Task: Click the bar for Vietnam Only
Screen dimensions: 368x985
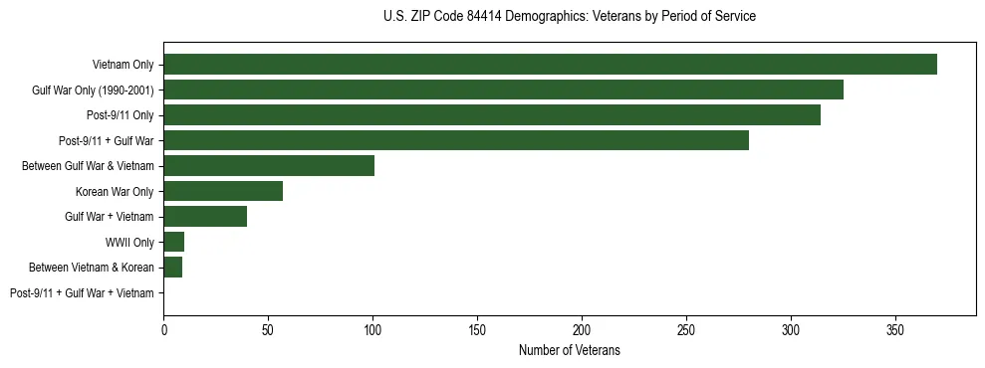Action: coord(550,65)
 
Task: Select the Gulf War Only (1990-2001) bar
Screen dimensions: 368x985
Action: coord(503,90)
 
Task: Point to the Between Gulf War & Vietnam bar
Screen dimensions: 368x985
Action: coord(269,166)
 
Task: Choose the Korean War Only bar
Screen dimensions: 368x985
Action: coord(223,191)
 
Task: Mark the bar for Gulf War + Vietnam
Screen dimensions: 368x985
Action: coord(205,216)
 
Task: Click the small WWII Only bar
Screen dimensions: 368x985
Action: coord(174,242)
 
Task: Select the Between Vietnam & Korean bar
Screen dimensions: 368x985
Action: coord(173,267)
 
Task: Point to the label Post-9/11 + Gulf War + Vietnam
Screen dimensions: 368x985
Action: coord(82,293)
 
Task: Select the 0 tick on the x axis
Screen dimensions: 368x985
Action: coord(164,329)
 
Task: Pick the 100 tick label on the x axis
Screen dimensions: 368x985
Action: coord(372,329)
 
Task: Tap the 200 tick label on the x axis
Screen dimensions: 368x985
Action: coord(582,329)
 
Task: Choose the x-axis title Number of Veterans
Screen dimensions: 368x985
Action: coord(569,350)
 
